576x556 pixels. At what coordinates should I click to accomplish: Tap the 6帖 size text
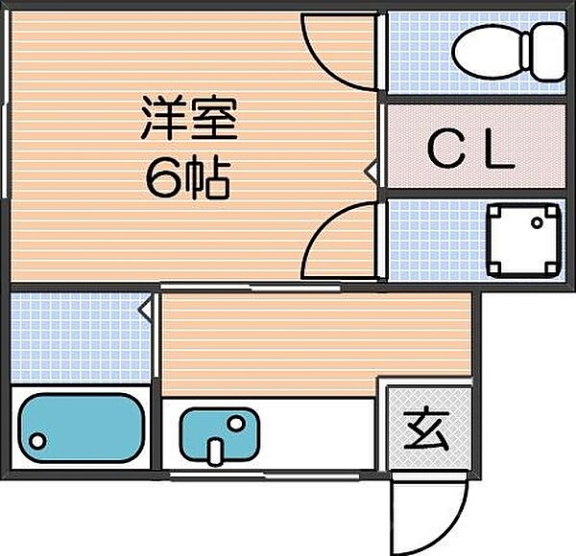point(188,177)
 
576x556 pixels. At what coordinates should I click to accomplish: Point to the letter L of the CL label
point(500,150)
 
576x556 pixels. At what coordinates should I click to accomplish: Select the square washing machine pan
point(524,237)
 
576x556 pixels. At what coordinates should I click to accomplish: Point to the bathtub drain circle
point(37,442)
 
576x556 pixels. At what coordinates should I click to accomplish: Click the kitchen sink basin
point(220,433)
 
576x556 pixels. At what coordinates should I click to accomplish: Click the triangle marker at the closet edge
point(371,172)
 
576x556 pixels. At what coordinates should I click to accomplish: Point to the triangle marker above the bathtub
point(146,308)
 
